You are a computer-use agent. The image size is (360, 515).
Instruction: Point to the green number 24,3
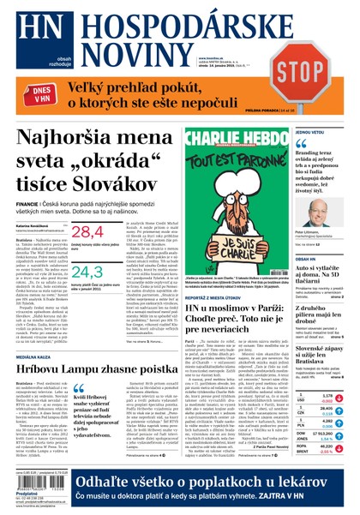(x=87, y=273)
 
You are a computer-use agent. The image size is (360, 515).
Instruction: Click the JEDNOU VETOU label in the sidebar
(x=310, y=133)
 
